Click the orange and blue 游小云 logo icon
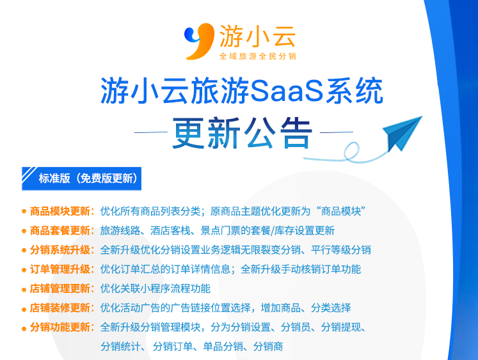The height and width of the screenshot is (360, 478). (199, 41)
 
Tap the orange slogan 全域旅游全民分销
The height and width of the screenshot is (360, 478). (258, 56)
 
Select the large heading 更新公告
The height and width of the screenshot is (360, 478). (243, 133)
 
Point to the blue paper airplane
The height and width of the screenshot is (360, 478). (402, 133)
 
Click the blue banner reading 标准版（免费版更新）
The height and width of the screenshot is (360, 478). (81, 178)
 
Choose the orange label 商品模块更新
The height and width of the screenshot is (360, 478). (60, 212)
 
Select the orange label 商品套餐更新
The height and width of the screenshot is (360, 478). (60, 231)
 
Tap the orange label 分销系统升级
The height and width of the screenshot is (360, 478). (60, 250)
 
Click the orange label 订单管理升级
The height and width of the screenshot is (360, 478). (60, 269)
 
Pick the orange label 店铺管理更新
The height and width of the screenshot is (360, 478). (60, 289)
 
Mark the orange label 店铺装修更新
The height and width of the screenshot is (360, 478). (60, 308)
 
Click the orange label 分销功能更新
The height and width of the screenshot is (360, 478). (60, 327)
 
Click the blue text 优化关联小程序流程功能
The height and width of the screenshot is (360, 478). (155, 289)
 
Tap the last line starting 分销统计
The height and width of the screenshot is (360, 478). (192, 347)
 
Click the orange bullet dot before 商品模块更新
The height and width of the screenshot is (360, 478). (24, 212)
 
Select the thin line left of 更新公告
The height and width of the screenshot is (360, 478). (151, 132)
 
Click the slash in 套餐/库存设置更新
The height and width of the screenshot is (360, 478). (272, 231)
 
